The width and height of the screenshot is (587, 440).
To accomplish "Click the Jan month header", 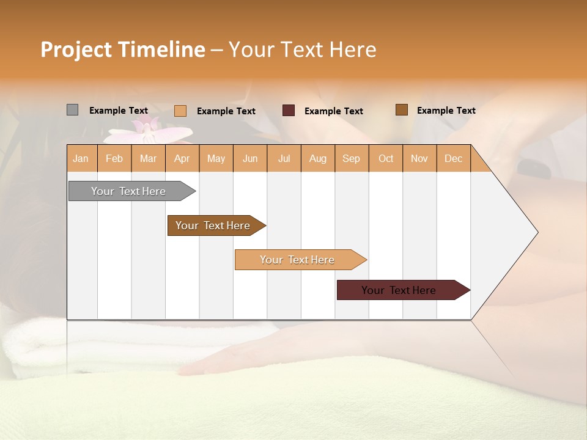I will (81, 158).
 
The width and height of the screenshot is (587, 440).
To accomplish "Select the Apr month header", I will (182, 158).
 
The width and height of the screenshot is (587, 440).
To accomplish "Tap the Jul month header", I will (284, 158).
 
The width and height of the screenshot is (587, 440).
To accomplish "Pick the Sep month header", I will (351, 158).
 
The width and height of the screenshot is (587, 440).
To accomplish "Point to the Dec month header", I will (453, 158).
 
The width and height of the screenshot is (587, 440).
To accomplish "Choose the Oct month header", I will (386, 158).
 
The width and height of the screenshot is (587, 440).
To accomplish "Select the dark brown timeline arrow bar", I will (214, 226).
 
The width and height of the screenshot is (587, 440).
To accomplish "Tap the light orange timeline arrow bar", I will (298, 260).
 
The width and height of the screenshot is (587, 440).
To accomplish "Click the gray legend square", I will (72, 110).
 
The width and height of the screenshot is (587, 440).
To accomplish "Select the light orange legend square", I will (180, 111).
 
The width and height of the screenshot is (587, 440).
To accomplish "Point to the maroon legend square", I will (288, 111).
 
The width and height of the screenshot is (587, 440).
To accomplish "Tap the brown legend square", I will (401, 110).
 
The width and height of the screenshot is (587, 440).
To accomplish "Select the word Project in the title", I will (76, 50).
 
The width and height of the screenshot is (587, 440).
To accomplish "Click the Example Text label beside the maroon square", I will (333, 111).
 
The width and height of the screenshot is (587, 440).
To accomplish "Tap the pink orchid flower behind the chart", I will (150, 131).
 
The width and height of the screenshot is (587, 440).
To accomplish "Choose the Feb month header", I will (114, 158).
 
